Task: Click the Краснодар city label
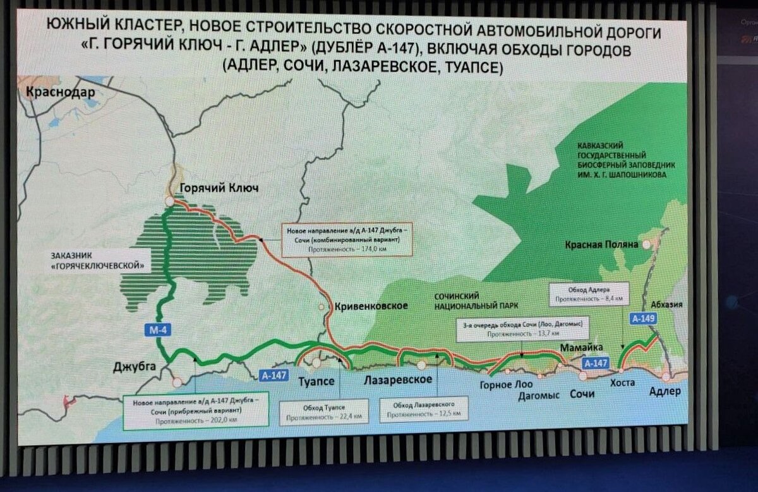61,93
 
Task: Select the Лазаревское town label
398,379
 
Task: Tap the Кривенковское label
371,306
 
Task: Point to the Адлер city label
665,391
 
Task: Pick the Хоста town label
622,382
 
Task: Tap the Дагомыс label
539,395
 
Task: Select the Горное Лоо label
506,384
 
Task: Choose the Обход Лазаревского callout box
424,409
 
